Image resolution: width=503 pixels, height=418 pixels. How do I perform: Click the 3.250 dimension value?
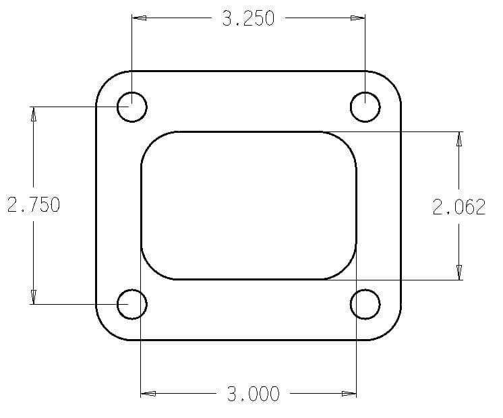pos(248,19)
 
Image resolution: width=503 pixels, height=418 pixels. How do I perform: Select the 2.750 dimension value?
pos(33,204)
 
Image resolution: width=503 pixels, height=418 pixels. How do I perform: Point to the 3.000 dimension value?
pos(253,394)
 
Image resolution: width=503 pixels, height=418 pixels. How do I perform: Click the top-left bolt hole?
pos(131,107)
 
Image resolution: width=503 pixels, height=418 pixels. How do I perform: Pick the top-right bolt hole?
pos(365,107)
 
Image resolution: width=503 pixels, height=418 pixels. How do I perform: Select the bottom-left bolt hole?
pos(131,304)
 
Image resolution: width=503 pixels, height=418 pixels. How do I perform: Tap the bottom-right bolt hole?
pos(365,304)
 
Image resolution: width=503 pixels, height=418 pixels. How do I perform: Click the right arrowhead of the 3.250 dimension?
pos(358,18)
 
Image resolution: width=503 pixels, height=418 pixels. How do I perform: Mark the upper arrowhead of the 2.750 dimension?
pos(32,114)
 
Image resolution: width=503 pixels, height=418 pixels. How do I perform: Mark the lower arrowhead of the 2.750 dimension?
pos(32,297)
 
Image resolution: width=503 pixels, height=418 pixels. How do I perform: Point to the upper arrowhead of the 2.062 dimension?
pos(459,139)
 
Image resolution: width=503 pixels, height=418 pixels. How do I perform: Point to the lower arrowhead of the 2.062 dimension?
pos(459,272)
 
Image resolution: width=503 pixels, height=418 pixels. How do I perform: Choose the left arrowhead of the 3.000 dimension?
pos(148,394)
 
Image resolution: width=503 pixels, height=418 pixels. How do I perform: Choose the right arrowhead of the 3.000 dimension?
pos(349,394)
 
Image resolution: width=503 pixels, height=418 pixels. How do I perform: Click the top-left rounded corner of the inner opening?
pos(152,142)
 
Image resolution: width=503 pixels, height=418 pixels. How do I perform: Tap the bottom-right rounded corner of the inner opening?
pos(346,269)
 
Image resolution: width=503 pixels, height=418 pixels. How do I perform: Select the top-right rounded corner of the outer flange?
pos(392,80)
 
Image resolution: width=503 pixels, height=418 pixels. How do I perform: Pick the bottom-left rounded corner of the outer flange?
pos(106,330)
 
